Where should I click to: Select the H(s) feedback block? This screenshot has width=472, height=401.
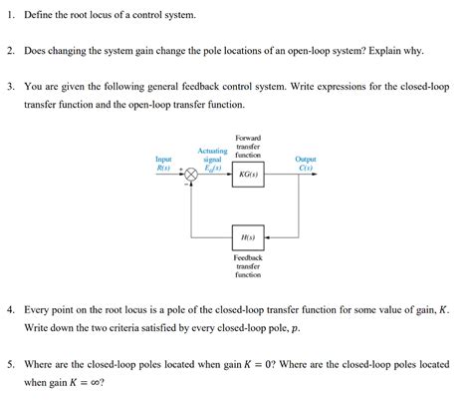(x=247, y=236)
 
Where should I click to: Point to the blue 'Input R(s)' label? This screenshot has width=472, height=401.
(x=163, y=163)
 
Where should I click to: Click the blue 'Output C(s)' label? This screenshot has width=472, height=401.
(x=306, y=163)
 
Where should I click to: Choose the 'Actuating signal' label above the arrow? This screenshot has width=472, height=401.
(x=212, y=158)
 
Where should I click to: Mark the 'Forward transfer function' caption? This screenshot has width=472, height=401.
(x=247, y=146)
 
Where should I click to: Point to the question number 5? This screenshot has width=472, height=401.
(x=10, y=364)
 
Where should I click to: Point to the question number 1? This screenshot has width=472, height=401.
(x=10, y=17)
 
